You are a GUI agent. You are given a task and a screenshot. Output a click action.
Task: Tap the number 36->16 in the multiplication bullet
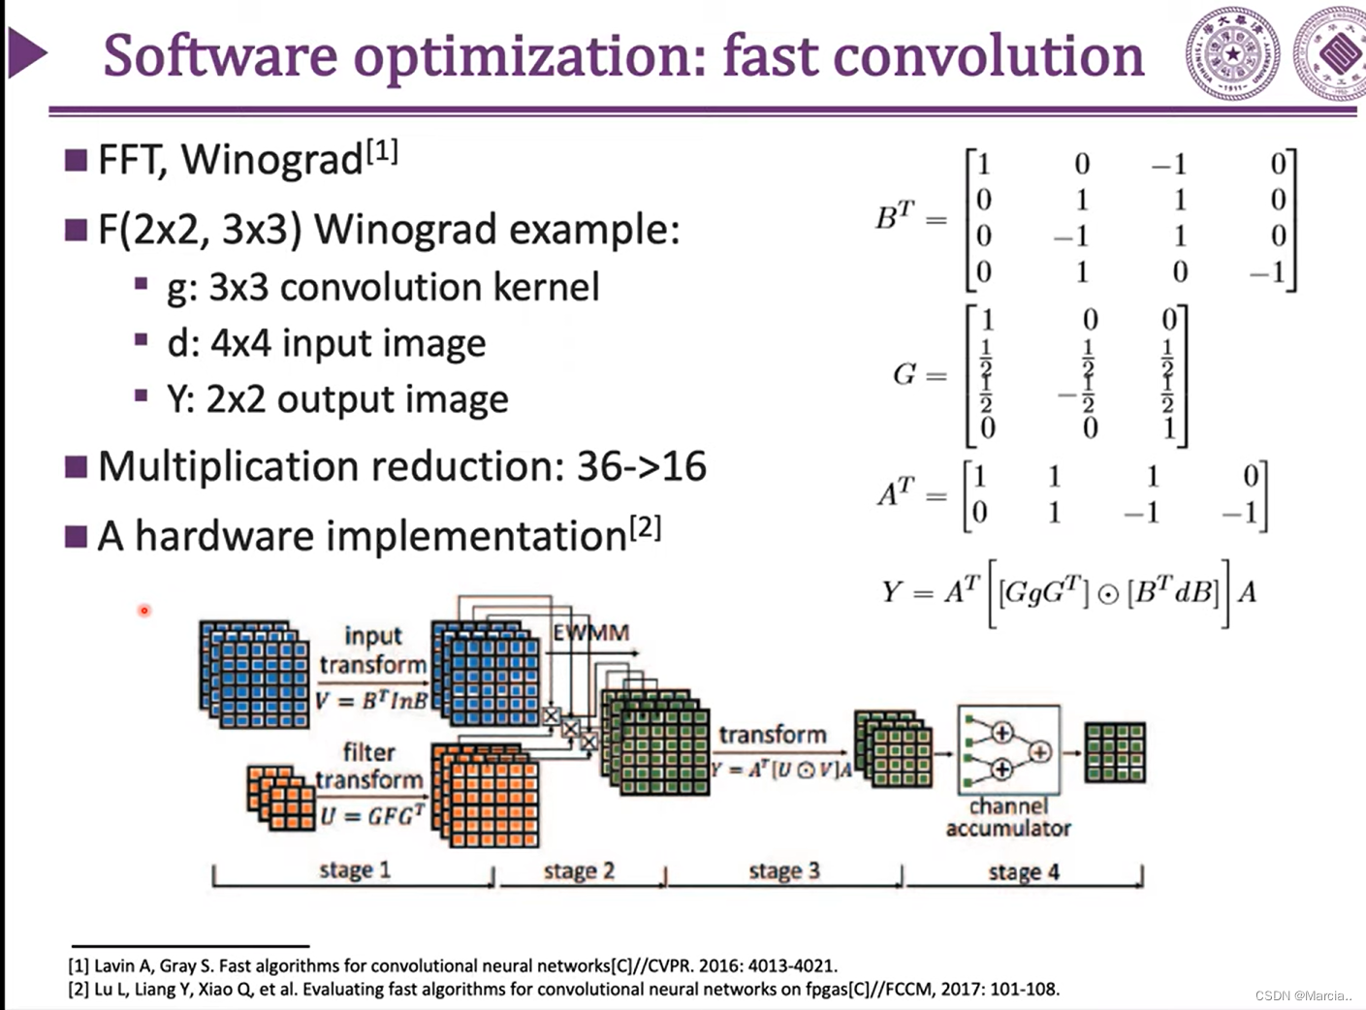642,467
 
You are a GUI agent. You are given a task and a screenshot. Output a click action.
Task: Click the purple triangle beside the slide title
27,53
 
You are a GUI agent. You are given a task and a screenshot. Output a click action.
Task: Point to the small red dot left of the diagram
144,610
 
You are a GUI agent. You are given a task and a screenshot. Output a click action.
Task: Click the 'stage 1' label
355,870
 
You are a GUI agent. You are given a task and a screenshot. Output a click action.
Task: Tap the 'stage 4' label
1024,872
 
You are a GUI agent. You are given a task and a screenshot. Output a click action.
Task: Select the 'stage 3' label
784,871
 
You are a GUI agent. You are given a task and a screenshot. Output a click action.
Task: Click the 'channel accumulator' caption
1008,817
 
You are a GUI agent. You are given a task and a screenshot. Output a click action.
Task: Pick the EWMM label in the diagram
590,633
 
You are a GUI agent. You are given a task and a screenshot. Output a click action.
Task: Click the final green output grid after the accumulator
1115,752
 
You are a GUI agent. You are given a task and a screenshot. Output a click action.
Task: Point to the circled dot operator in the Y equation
1108,594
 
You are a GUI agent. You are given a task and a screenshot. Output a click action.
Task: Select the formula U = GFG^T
372,815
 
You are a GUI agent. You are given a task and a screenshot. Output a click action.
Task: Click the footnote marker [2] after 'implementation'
646,528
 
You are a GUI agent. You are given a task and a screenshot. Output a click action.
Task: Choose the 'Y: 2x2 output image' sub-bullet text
337,399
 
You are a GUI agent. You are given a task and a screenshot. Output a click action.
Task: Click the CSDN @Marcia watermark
1303,995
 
